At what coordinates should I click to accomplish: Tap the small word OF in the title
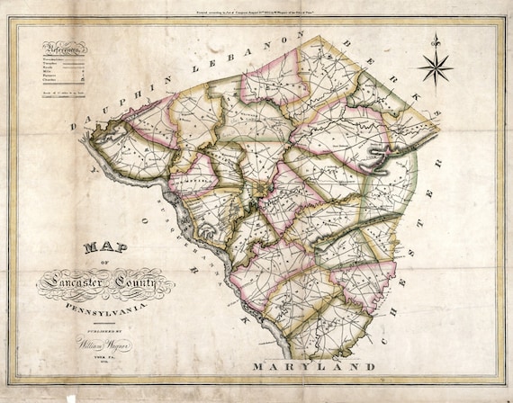(x=104, y=264)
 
